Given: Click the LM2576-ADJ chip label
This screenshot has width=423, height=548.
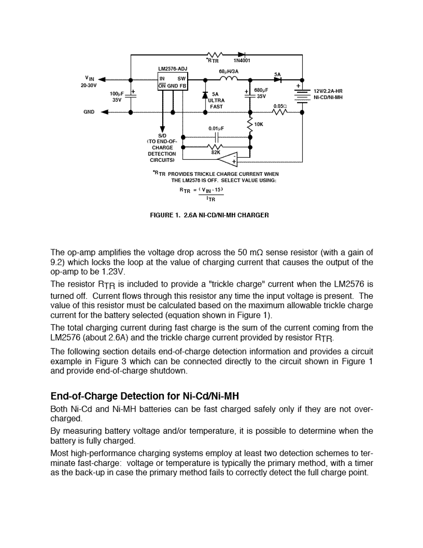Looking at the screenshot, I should [173, 68].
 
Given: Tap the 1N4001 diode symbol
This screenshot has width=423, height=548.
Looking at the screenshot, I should [241, 54].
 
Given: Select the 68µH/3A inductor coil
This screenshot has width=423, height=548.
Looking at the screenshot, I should [229, 79].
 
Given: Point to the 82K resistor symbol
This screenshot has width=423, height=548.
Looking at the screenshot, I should [215, 146].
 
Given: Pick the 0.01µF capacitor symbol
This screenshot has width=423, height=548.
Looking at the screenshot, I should [216, 136].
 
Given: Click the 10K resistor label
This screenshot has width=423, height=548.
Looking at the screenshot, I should [259, 125].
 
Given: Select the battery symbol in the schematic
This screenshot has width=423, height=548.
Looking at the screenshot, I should [301, 95].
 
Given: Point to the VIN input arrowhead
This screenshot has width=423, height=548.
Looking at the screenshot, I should [102, 79].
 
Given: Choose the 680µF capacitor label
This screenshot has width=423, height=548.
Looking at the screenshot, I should [261, 90].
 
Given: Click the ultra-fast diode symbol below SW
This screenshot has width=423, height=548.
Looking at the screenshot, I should [206, 95].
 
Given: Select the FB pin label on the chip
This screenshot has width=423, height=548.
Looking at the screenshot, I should [184, 86].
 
